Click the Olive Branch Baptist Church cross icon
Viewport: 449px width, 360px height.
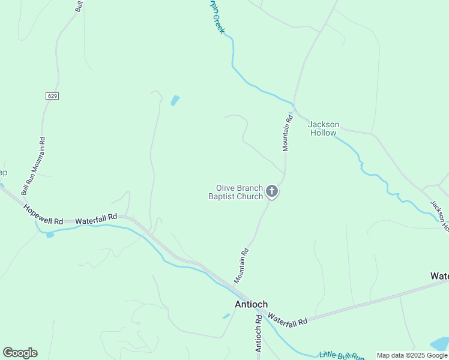272,192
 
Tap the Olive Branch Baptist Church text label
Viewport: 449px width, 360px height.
236,192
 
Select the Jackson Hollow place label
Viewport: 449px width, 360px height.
324,128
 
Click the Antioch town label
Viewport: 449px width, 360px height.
251,304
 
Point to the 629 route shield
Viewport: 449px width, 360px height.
52,96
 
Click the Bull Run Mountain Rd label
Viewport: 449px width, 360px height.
34,165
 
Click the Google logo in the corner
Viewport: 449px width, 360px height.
20,353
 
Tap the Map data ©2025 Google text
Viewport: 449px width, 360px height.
412,355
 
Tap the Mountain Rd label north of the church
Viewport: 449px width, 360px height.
287,133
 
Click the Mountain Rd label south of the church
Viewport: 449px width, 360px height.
242,266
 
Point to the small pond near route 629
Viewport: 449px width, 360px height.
175,100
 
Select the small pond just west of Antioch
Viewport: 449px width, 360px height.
226,316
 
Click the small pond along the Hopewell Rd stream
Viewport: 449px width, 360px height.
49,235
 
